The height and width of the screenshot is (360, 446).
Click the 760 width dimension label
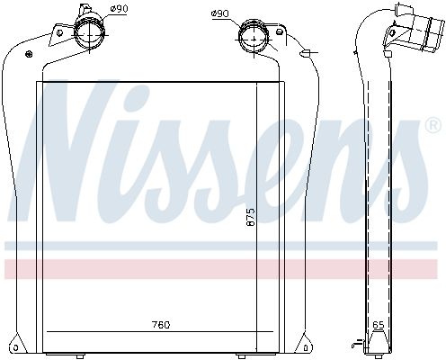[161, 325]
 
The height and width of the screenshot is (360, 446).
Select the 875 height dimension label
[250, 217]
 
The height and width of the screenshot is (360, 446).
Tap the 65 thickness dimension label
[379, 325]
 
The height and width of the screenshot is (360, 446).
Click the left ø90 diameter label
[119, 9]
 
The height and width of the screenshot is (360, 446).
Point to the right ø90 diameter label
[219, 13]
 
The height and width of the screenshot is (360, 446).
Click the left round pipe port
[90, 33]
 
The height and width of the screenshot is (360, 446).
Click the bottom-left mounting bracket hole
[14, 348]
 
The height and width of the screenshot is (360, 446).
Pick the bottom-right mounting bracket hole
[307, 348]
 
